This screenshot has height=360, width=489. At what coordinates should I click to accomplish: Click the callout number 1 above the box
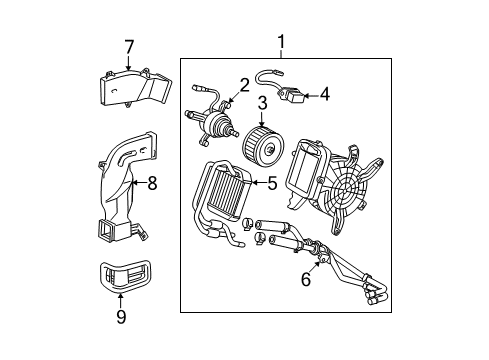281,42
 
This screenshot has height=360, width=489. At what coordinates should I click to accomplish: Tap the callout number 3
263,102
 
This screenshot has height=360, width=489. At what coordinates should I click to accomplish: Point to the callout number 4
324,95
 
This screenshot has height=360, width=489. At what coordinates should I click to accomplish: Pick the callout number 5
271,183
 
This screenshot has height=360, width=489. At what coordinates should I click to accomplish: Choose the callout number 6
306,279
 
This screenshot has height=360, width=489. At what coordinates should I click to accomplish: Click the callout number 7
128,46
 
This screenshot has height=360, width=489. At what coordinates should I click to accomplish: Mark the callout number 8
153,183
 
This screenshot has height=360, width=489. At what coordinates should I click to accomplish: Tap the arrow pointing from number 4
311,96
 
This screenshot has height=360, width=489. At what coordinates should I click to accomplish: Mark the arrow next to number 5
257,183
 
